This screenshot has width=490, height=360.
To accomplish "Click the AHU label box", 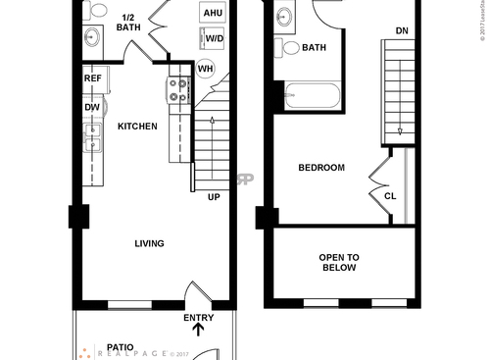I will [x=212, y=13].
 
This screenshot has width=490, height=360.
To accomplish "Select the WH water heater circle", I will [x=206, y=69].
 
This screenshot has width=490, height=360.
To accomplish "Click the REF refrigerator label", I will [x=92, y=78].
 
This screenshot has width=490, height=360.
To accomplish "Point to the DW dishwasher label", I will [x=92, y=108].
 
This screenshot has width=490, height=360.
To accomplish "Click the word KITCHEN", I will [x=137, y=127].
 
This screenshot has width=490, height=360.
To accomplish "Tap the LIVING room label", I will [x=149, y=243].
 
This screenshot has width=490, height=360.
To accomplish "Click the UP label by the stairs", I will [x=214, y=196].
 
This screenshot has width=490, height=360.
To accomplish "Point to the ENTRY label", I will [x=198, y=318].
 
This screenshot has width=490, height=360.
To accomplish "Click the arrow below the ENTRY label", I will [x=199, y=331].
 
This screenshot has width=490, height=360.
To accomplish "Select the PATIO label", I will [x=121, y=347].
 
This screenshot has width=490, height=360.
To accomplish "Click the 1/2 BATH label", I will [x=128, y=23].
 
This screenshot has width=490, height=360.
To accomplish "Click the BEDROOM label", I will [x=321, y=168].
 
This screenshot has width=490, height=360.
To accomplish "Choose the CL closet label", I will [x=390, y=195].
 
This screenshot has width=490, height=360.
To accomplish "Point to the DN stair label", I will [x=402, y=31].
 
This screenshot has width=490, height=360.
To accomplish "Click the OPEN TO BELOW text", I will [x=339, y=263].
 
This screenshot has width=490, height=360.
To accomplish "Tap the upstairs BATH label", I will [x=315, y=47].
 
